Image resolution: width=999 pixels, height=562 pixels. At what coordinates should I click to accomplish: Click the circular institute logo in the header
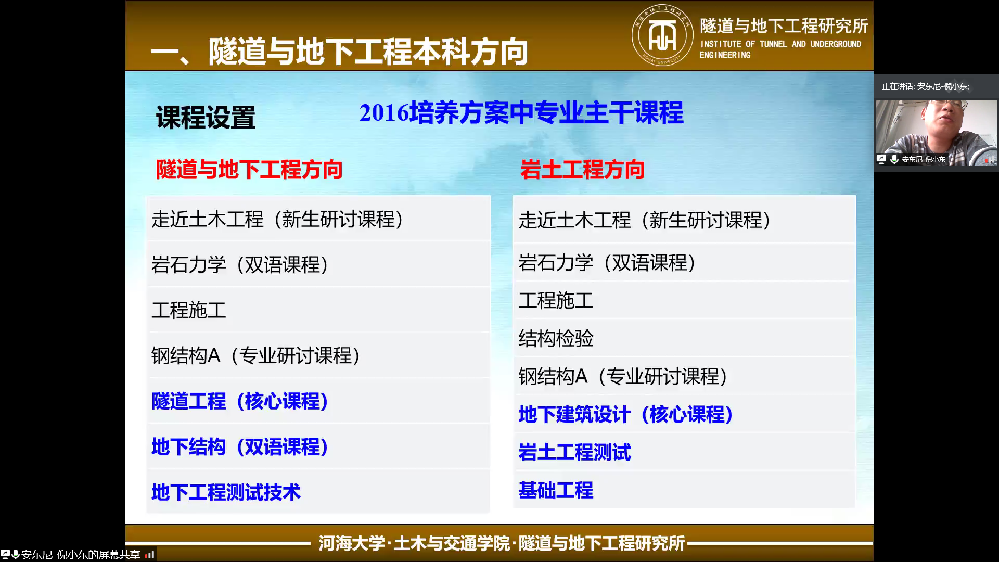click(x=662, y=35)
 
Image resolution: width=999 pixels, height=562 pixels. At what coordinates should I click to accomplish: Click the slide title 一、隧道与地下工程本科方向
click(x=339, y=52)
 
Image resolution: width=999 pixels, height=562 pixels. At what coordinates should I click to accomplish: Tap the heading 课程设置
click(x=206, y=118)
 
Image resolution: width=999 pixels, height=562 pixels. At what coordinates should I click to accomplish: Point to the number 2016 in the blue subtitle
click(x=384, y=112)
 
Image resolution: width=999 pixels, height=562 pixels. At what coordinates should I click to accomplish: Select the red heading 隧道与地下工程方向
click(x=249, y=170)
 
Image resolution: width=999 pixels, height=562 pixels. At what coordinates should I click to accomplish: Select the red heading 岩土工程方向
click(x=582, y=170)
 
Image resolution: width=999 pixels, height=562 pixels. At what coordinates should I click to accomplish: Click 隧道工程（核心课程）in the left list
click(x=240, y=401)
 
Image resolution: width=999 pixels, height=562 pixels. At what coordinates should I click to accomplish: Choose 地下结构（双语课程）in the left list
click(x=240, y=446)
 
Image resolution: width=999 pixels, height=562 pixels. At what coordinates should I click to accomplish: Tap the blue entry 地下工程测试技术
click(x=226, y=492)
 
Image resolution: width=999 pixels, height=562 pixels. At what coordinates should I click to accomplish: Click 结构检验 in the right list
click(x=556, y=338)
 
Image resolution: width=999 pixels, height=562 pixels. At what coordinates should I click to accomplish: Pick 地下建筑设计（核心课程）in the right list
click(x=626, y=414)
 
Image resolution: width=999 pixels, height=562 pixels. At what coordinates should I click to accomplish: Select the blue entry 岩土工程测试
click(x=574, y=452)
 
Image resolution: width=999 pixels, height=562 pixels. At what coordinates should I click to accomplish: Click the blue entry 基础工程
click(x=556, y=490)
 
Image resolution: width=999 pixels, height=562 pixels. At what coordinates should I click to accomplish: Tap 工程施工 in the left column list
click(x=188, y=310)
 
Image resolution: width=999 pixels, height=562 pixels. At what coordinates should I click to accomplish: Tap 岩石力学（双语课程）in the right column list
click(x=607, y=263)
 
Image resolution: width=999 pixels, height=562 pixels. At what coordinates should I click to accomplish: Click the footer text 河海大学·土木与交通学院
click(x=414, y=543)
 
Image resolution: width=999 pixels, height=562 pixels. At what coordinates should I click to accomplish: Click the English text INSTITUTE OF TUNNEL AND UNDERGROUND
click(x=780, y=44)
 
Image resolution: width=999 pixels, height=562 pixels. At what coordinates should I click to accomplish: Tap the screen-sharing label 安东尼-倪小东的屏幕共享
click(x=81, y=555)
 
